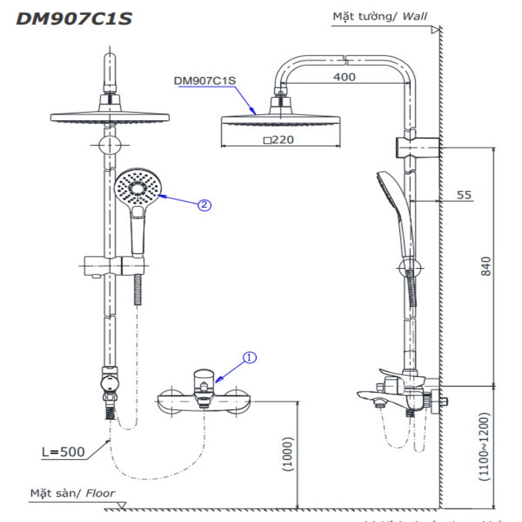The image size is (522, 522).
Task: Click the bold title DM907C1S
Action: [74, 19]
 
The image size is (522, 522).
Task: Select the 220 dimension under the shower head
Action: [279, 139]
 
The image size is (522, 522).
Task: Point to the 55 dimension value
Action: [463, 194]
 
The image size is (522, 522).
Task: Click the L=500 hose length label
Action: [65, 451]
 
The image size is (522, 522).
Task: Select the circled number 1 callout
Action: [251, 358]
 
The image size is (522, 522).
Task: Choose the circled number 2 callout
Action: [205, 205]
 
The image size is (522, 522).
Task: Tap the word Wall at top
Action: [415, 15]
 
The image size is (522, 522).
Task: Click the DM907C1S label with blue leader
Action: [204, 81]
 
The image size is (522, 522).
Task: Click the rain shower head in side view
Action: [281, 119]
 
